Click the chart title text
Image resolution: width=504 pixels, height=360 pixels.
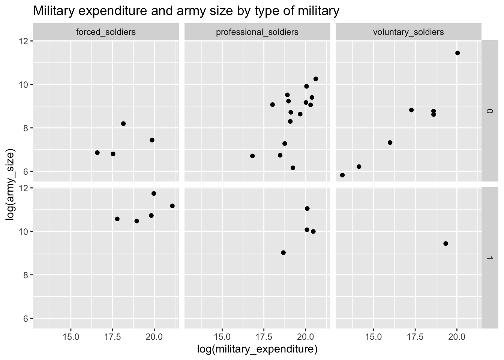pyautogui.click(x=186, y=11)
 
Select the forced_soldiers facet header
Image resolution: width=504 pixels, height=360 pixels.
pyautogui.click(x=106, y=32)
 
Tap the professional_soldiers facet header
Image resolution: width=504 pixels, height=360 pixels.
pyautogui.click(x=257, y=32)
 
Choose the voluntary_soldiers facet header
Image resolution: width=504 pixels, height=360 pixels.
pyautogui.click(x=408, y=32)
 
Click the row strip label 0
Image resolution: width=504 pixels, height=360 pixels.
pyautogui.click(x=489, y=111)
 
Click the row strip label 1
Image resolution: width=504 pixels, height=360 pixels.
pyautogui.click(x=489, y=258)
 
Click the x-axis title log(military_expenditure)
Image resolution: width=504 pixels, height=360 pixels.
pyautogui.click(x=257, y=349)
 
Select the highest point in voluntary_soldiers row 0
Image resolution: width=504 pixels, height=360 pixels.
pyautogui.click(x=457, y=53)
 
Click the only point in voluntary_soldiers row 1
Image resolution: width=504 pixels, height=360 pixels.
pyautogui.click(x=445, y=243)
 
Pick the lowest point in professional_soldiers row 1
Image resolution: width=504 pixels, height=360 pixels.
pyautogui.click(x=283, y=252)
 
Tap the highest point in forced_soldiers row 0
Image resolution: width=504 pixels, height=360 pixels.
pyautogui.click(x=123, y=123)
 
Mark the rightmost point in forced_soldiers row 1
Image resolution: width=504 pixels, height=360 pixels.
pyautogui.click(x=172, y=206)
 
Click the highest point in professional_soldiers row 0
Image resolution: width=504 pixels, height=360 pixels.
pyautogui.click(x=315, y=79)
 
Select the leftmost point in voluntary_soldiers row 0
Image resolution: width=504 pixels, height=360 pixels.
pyautogui.click(x=342, y=175)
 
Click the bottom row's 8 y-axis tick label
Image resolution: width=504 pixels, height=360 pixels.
pyautogui.click(x=25, y=275)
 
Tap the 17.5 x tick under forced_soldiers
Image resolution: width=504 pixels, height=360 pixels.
pyautogui.click(x=112, y=336)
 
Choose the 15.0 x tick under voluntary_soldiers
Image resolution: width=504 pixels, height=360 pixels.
pyautogui.click(x=373, y=336)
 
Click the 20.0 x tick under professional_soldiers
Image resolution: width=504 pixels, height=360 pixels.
pyautogui.click(x=305, y=336)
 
